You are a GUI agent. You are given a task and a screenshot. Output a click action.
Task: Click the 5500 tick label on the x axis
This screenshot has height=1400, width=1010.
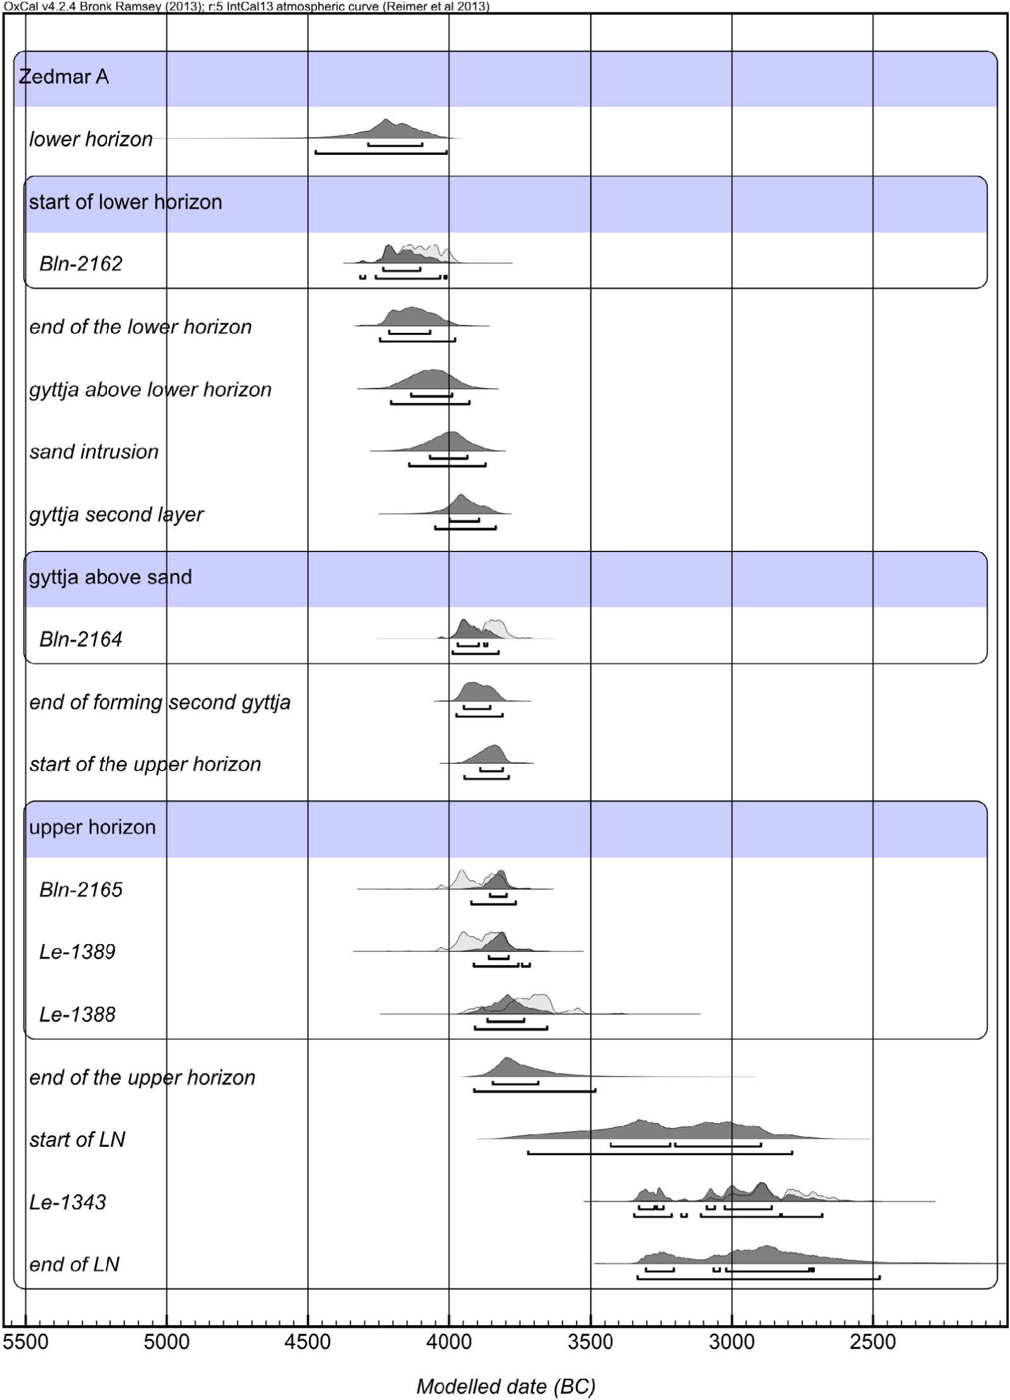point(25,1341)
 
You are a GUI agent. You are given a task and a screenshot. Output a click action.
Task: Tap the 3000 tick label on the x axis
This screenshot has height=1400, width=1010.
point(732,1341)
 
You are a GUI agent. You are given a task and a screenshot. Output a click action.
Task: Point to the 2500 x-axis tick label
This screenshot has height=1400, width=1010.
point(873,1341)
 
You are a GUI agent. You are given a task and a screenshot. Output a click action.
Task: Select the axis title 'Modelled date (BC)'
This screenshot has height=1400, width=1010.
point(506,1386)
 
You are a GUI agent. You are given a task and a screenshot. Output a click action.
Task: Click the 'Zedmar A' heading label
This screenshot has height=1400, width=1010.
point(64,77)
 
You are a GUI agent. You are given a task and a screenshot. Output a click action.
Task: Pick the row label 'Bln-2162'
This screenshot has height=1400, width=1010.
point(81,263)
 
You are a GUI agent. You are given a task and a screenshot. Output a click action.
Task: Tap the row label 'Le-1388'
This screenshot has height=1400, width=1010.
point(77,1014)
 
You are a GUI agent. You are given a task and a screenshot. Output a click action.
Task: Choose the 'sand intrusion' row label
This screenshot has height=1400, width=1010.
point(94,451)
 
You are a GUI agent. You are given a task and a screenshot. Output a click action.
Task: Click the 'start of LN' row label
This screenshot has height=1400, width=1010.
point(77,1139)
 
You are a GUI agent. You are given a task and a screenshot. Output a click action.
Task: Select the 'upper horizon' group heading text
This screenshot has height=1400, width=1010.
point(92,827)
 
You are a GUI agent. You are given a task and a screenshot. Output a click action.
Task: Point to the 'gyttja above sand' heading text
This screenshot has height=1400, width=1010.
point(110,577)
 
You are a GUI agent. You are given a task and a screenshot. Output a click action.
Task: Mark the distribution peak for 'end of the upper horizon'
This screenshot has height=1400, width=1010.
point(507,1059)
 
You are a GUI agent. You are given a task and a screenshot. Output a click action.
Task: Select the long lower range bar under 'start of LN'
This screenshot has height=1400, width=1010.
point(660,1153)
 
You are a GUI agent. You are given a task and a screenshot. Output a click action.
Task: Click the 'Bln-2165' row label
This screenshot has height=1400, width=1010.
point(81,889)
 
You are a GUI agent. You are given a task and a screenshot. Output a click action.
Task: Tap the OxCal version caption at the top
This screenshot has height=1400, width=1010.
point(247,6)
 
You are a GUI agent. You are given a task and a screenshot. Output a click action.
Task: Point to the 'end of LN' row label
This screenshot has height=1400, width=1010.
point(74,1264)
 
